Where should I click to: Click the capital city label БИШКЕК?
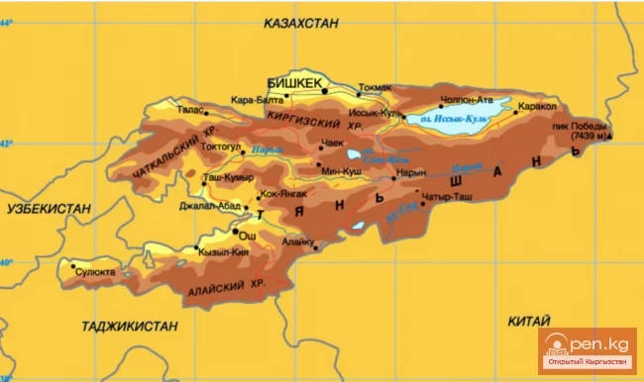coord(295,84)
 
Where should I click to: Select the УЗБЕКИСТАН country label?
coord(48,208)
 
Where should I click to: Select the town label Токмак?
coord(375,87)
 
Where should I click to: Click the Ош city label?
coord(250,238)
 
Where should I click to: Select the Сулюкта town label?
coord(96,270)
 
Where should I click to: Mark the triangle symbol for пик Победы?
coord(611,134)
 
